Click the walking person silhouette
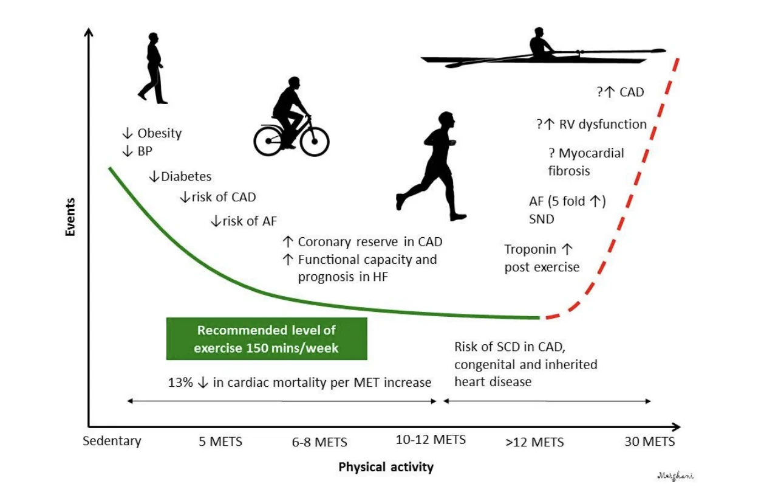[154, 68]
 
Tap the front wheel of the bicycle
[314, 140]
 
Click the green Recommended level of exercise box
[267, 339]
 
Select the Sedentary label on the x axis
[112, 441]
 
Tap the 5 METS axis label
[220, 441]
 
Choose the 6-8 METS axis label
[319, 441]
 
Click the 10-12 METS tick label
[431, 439]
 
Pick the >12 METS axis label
[534, 441]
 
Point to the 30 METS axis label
[649, 441]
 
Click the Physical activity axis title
[386, 467]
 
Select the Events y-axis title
[71, 217]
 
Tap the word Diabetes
[186, 176]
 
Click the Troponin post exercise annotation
[541, 258]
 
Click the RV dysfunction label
[602, 124]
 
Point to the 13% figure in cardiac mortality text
[180, 382]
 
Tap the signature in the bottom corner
[675, 476]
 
